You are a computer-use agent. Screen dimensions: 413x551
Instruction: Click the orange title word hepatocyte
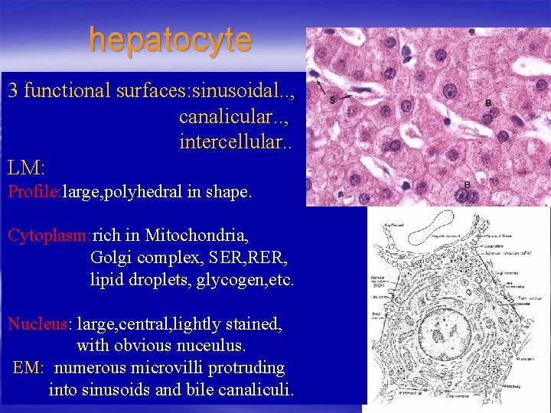[169, 40]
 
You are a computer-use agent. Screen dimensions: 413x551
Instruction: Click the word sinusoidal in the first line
[236, 91]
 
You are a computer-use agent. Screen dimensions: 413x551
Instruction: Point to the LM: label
[27, 166]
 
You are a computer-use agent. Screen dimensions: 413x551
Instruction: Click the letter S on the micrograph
[331, 100]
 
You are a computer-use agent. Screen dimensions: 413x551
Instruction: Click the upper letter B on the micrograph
[488, 102]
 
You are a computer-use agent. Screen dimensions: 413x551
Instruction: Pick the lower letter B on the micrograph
[467, 184]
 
